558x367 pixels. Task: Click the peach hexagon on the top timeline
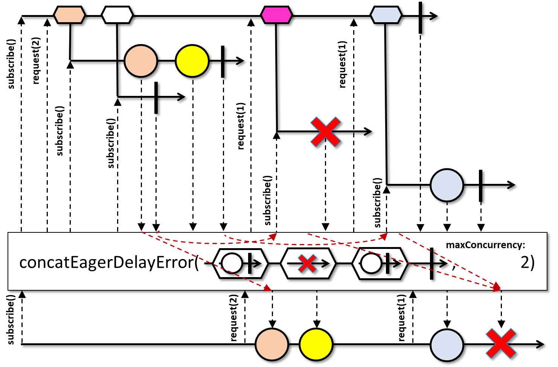(x=70, y=15)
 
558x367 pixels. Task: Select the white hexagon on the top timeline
(x=117, y=15)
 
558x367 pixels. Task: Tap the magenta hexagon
(x=276, y=15)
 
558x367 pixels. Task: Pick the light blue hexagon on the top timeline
(x=386, y=15)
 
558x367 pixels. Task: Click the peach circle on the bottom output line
(x=272, y=344)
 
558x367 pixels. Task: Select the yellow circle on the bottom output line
(x=316, y=344)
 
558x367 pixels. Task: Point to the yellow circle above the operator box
(x=192, y=61)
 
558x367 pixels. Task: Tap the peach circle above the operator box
(x=141, y=61)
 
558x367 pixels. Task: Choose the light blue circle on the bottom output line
(x=447, y=344)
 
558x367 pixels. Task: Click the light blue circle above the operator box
(x=447, y=185)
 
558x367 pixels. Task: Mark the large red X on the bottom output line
(x=501, y=343)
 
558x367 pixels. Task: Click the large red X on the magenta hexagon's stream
(x=326, y=132)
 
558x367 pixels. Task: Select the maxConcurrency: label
(x=485, y=245)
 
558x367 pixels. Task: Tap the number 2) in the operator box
(x=528, y=262)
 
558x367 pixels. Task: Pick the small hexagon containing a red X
(x=308, y=263)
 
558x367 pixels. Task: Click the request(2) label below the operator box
(x=233, y=318)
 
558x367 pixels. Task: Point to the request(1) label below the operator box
(x=401, y=318)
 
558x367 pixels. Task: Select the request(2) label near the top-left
(x=36, y=60)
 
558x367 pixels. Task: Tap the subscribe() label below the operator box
(x=11, y=320)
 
